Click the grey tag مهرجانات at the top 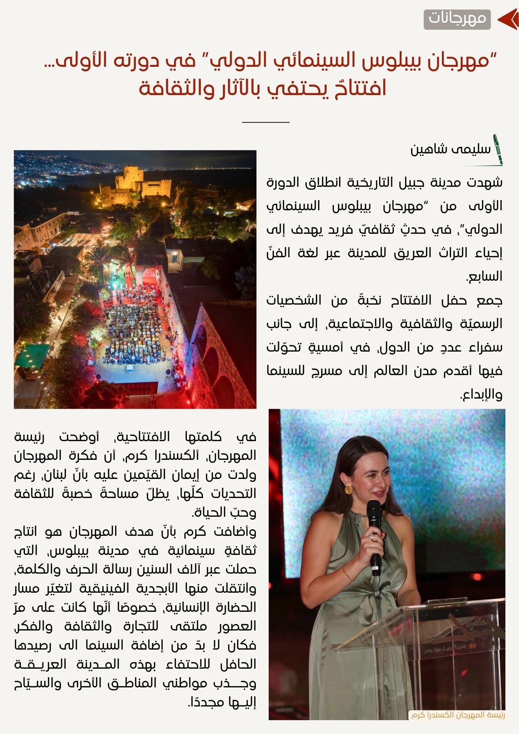457,19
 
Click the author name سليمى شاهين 450,149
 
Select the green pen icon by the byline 498,150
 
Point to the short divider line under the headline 266,122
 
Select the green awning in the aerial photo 32,355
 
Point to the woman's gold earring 348,489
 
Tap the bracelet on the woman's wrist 349,574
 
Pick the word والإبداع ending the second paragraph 482,395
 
